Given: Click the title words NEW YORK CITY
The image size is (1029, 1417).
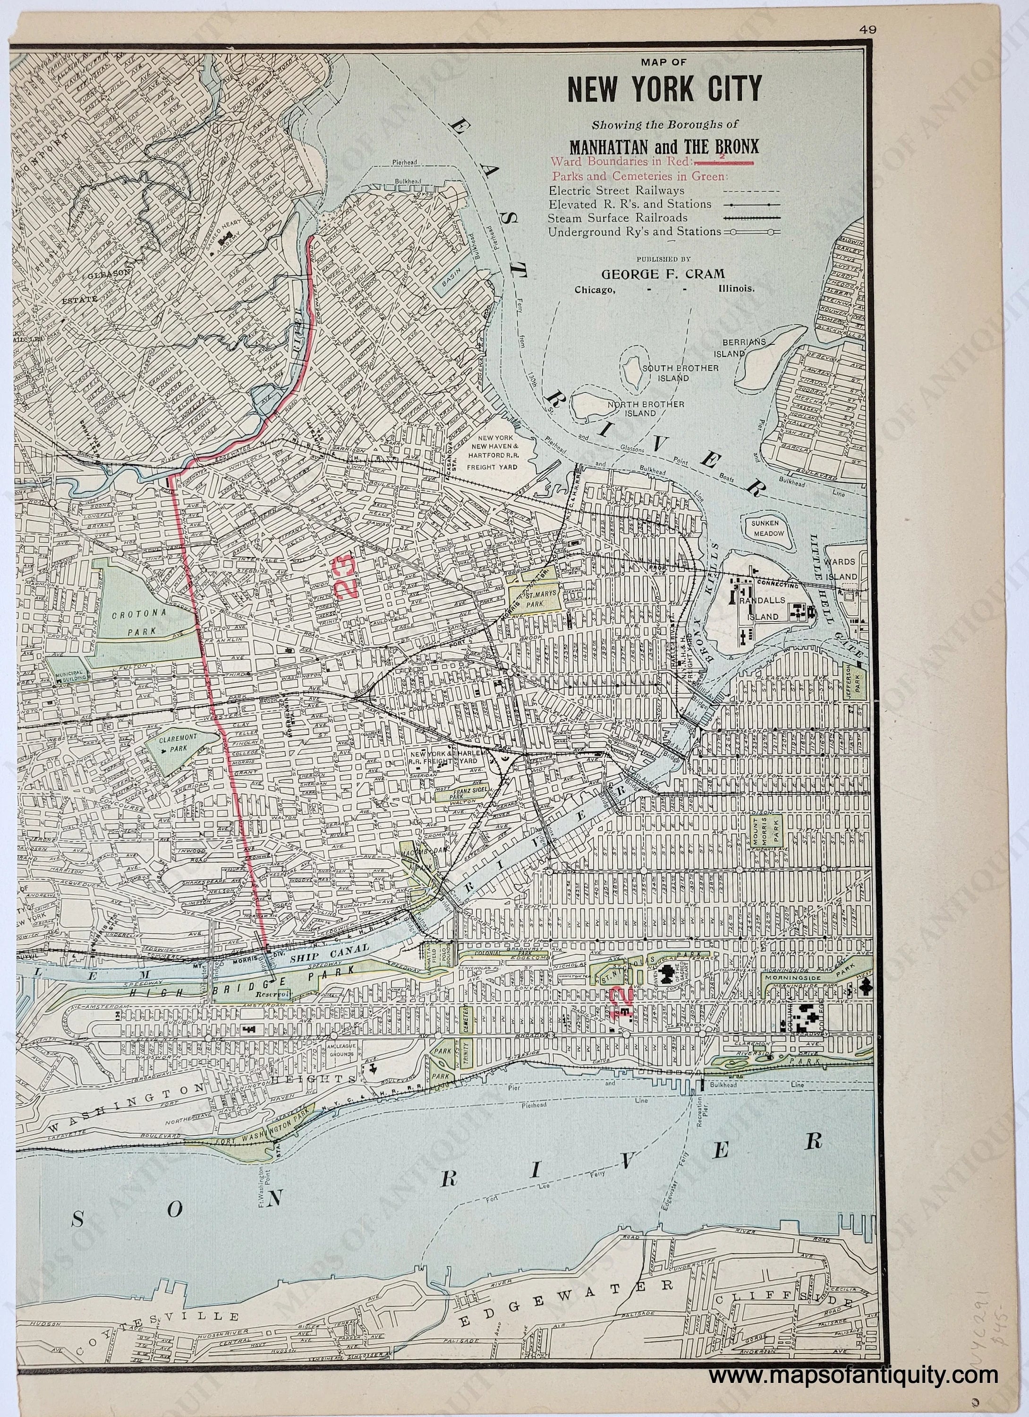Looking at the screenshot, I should [665, 89].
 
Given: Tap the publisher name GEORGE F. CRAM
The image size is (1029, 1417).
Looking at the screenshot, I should [665, 273].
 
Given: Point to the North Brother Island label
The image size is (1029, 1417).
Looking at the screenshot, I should [640, 408].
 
